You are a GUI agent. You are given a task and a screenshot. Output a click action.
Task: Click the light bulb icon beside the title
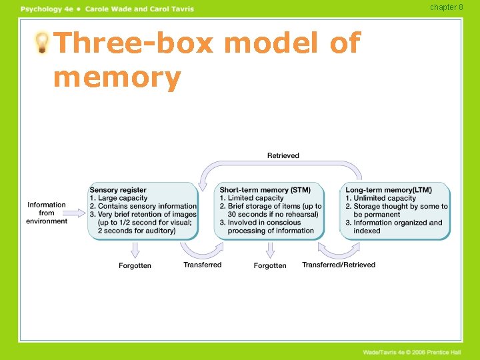point(43,44)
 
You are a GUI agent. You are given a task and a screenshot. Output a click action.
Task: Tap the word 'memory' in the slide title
point(117,77)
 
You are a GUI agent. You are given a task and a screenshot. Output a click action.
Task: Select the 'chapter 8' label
point(446,7)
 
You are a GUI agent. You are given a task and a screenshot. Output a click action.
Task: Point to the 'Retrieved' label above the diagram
point(283,155)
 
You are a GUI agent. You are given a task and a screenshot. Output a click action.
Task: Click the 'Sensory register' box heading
point(118,190)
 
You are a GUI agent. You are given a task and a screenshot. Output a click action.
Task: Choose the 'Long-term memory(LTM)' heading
point(389,190)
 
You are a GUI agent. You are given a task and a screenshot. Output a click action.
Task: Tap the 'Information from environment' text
point(47,213)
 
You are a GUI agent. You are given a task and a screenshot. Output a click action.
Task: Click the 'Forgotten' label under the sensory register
point(135,265)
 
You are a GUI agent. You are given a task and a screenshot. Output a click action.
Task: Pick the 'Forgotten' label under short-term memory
point(270,265)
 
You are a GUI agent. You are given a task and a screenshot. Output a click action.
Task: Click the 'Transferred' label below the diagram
point(203,265)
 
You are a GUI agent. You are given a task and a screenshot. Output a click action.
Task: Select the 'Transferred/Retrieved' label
point(339,265)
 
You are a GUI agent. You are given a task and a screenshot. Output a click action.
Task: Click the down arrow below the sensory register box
point(135,249)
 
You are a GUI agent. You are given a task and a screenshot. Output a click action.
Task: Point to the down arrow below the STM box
point(270,249)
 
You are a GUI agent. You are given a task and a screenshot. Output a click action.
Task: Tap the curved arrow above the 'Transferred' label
point(202,251)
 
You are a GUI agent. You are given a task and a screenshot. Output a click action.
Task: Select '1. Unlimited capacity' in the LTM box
point(381,198)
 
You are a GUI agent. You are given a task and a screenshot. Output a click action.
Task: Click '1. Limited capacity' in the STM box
point(252,198)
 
